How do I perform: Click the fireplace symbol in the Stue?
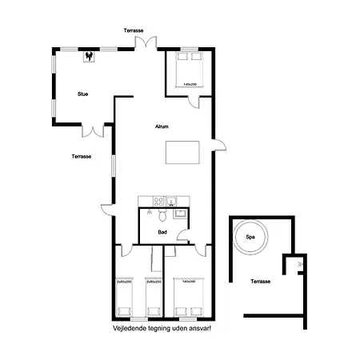click(x=90, y=56)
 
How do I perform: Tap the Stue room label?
click(x=82, y=94)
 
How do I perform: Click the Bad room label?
click(x=162, y=232)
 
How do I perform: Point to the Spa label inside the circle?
click(x=250, y=237)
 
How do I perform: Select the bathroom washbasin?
click(x=180, y=213)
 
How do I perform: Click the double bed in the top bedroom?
click(x=190, y=70)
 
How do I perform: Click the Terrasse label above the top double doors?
click(x=134, y=30)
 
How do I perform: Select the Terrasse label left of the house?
click(x=81, y=156)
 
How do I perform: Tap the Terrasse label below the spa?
click(x=260, y=282)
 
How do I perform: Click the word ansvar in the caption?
click(x=198, y=328)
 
